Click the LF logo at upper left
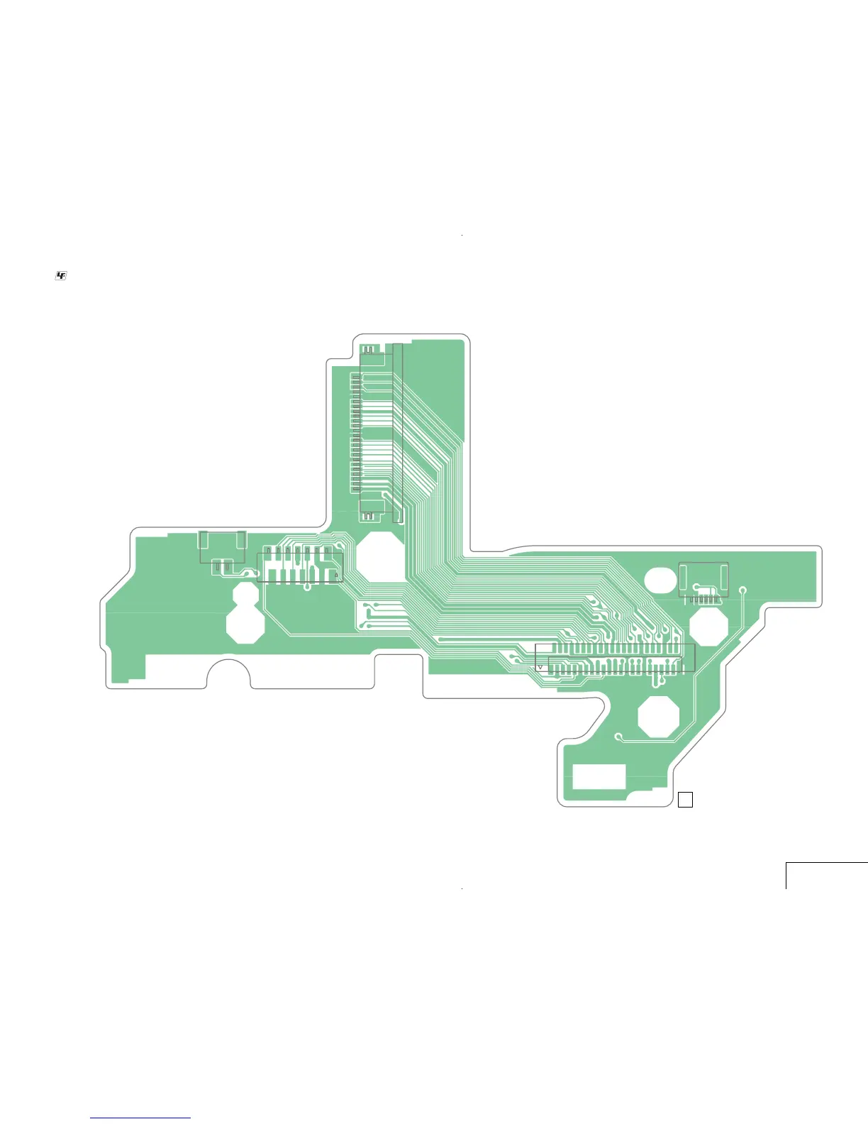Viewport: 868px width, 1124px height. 61,275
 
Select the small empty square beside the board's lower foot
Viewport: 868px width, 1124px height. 685,800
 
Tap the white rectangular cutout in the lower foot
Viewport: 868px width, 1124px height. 599,776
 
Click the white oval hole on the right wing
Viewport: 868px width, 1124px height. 660,579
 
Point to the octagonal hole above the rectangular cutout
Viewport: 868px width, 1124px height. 658,716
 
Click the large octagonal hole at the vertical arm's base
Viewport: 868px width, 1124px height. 379,557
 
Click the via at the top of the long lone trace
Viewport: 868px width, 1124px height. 743,590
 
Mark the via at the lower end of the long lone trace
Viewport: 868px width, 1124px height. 618,736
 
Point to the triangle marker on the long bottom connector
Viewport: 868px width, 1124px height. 541,668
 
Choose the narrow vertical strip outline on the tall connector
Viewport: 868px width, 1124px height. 397,433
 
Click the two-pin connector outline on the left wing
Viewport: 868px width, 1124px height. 223,547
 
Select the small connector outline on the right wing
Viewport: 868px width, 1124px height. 703,580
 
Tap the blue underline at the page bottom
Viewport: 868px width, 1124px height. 140,1118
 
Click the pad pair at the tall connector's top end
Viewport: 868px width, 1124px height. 369,350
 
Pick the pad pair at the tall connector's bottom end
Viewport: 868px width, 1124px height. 368,517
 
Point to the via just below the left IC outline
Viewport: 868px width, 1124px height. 307,587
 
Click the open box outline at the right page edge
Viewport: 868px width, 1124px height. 826,875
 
